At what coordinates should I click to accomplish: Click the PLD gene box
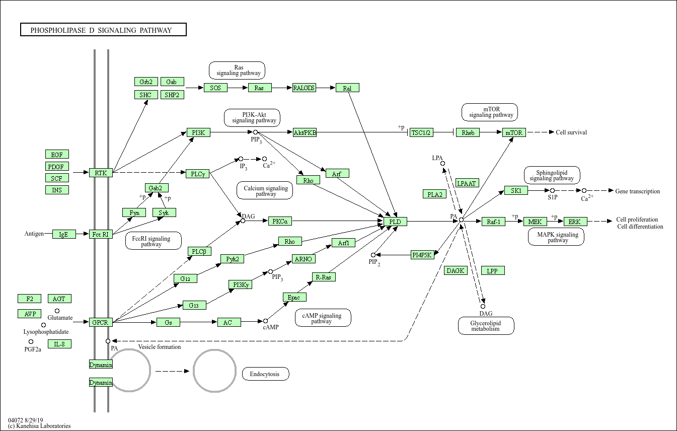(395, 222)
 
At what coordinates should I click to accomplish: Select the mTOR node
(514, 132)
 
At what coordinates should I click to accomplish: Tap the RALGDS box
(304, 88)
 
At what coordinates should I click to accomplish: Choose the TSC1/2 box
(421, 132)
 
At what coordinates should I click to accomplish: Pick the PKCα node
(280, 221)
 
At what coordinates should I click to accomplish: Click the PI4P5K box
(422, 255)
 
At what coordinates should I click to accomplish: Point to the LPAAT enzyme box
(467, 183)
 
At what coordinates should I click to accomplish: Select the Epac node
(294, 297)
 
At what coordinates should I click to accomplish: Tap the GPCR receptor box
(100, 322)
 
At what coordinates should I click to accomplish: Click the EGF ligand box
(57, 154)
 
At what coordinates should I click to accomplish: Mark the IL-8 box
(59, 344)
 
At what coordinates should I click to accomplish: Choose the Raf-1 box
(493, 222)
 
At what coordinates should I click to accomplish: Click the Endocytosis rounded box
(266, 374)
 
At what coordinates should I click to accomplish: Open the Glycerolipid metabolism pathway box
(486, 326)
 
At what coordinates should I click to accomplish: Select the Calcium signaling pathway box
(265, 190)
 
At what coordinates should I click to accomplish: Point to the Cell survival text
(571, 132)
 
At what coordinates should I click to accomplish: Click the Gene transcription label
(637, 191)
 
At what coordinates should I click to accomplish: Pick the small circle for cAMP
(265, 321)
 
